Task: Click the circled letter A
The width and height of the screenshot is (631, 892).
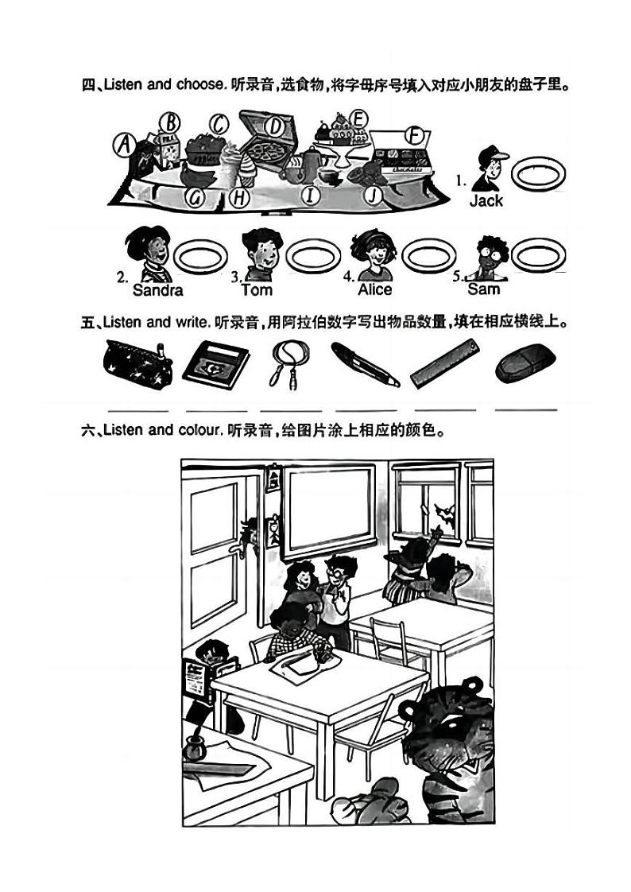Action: coord(124,145)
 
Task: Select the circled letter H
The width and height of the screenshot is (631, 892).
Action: coord(239,197)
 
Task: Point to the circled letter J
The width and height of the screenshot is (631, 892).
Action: coord(373,195)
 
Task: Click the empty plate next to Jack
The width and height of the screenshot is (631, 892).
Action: coord(538,173)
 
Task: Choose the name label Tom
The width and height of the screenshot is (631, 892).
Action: coord(257,289)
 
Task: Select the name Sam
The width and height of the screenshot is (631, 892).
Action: coord(484,289)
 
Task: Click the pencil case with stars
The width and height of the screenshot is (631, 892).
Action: coord(137,363)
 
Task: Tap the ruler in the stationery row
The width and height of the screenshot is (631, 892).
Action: coord(445,363)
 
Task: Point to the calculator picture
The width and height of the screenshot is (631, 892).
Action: coord(216,365)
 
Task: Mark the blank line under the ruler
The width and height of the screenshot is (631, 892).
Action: coord(446,409)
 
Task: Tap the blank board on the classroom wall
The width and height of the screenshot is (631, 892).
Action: coord(328,510)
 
